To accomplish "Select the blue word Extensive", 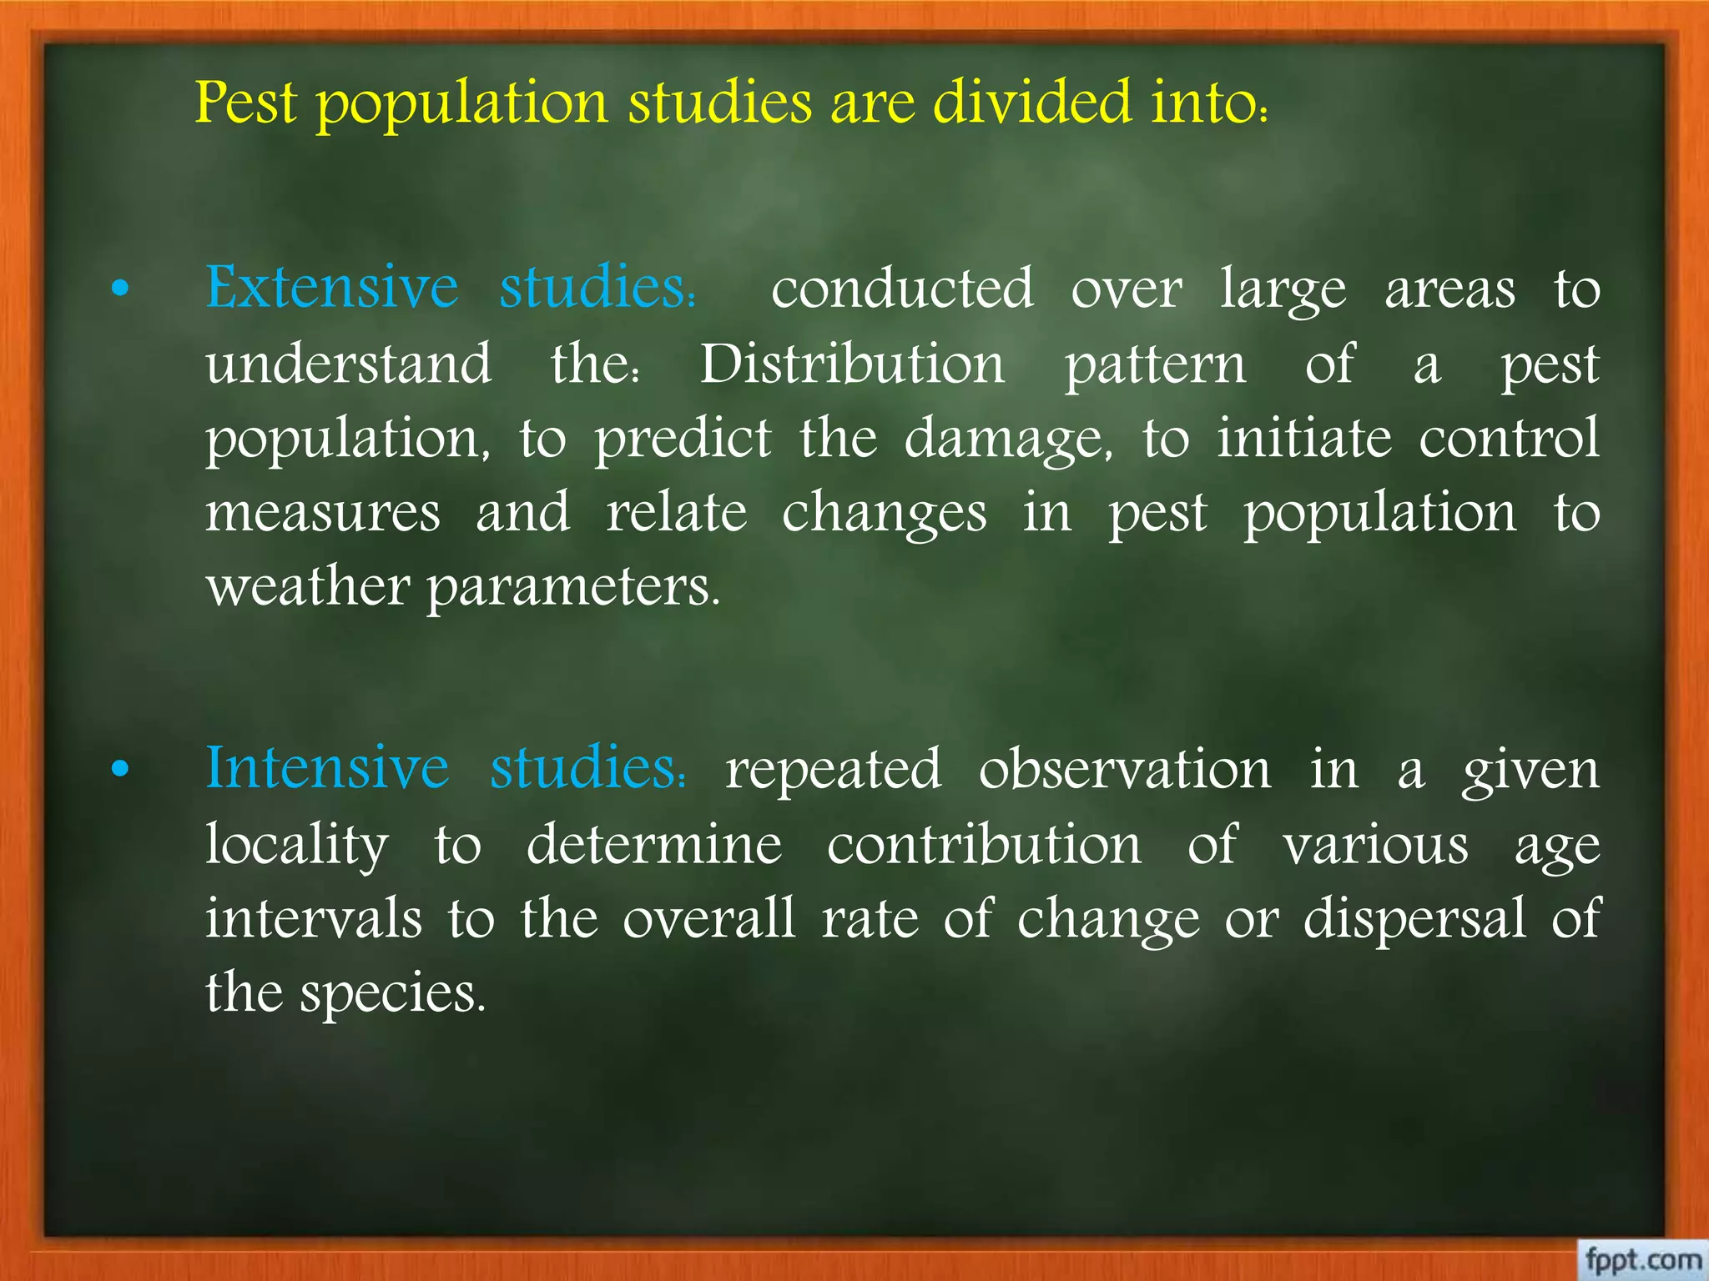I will (x=332, y=288).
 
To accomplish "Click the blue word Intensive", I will (x=327, y=768).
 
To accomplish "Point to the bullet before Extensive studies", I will (x=121, y=289).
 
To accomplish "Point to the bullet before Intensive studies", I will (x=121, y=770).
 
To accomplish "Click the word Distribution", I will (x=852, y=365).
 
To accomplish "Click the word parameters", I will (x=572, y=588).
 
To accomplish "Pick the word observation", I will (x=1125, y=769).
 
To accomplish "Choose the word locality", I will (x=297, y=845).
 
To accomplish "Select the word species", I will (x=392, y=994).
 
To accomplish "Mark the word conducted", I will (x=902, y=289).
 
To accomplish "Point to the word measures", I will (x=323, y=513).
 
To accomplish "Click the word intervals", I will (x=314, y=918).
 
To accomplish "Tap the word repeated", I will (x=833, y=769).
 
